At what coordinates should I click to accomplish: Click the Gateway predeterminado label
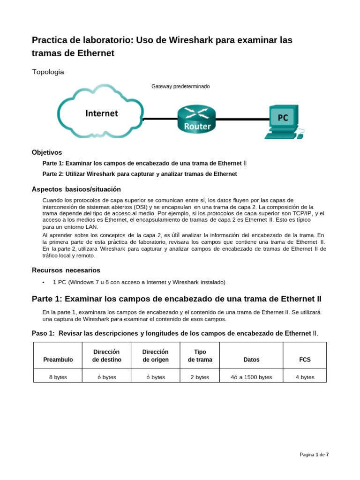coord(180,87)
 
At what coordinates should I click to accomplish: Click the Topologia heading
coord(48,72)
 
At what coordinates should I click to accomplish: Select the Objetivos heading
coord(46,152)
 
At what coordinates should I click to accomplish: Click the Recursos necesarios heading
coord(66,270)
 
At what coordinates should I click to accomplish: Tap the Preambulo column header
coord(58,360)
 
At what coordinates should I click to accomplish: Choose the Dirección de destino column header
coord(106,355)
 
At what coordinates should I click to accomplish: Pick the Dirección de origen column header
coord(155,355)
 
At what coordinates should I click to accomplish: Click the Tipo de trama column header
coord(200,355)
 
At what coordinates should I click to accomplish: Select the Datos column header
coord(251,360)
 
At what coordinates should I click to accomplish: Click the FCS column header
coord(305,360)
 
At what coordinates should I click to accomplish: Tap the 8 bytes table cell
coord(58,377)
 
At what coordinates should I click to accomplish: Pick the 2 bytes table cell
coord(200,377)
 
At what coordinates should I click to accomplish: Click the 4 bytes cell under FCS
coord(305,377)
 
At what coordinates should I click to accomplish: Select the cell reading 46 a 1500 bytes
coord(251,377)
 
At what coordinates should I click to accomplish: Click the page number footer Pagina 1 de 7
coord(314,455)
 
